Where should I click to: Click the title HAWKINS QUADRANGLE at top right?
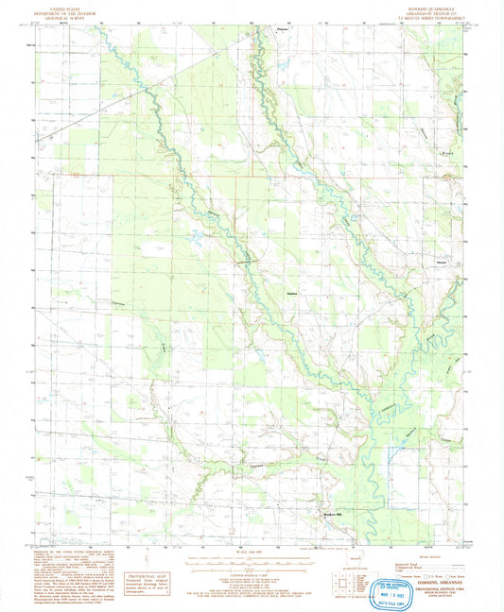(415, 7)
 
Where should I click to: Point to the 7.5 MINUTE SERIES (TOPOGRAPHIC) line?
(415, 16)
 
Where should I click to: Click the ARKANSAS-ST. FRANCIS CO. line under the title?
(415, 11)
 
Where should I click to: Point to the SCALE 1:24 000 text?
(252, 552)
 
